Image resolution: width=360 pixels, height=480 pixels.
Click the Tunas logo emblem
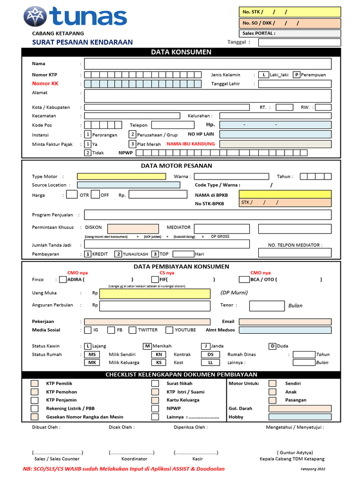click(x=35, y=16)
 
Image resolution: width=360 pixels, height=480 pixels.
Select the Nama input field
click(x=208, y=64)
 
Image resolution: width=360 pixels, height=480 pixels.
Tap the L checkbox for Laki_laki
click(x=264, y=75)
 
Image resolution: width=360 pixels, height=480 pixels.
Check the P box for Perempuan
click(x=297, y=75)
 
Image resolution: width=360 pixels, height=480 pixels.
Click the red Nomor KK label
click(x=45, y=83)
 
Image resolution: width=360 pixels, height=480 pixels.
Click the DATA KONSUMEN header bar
click(x=181, y=52)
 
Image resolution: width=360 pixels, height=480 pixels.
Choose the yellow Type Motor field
click(x=121, y=176)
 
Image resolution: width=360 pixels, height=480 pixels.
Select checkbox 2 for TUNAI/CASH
click(x=119, y=254)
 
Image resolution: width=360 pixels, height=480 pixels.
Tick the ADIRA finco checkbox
click(x=63, y=280)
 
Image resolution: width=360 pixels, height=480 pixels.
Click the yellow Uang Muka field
click(x=155, y=294)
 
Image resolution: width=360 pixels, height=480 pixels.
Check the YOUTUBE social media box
click(x=170, y=330)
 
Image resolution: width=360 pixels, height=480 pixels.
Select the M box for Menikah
click(x=147, y=346)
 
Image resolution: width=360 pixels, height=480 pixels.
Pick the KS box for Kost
click(x=159, y=362)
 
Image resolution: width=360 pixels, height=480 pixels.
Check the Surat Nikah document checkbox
click(x=155, y=383)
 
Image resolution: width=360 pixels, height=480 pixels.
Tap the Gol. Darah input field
click(x=300, y=408)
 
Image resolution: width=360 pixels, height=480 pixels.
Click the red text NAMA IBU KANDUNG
click(x=191, y=144)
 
